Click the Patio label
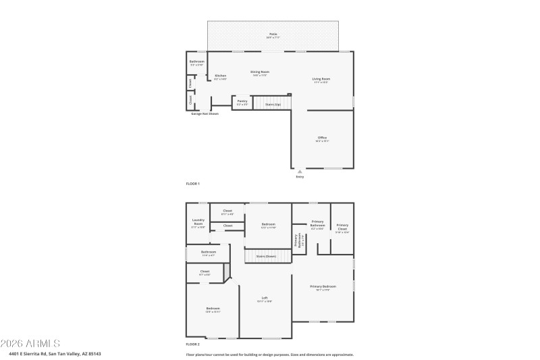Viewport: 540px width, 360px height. click(273, 34)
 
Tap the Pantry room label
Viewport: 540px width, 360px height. click(242, 101)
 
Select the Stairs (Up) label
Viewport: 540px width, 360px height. click(273, 105)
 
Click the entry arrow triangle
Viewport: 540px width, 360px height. click(300, 172)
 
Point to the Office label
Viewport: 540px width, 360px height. click(322, 138)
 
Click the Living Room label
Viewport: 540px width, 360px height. click(321, 79)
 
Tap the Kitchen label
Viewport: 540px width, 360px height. click(220, 76)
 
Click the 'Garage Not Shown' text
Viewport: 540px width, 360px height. click(205, 113)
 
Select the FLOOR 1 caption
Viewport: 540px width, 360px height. click(193, 183)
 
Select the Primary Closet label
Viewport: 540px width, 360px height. click(342, 226)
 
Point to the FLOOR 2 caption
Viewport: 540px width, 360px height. click(193, 344)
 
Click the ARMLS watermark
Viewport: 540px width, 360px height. click(30, 342)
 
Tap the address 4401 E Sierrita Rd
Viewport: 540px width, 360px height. click(51, 353)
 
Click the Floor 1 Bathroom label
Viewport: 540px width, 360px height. click(196, 61)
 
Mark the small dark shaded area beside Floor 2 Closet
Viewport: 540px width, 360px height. click(227, 272)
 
